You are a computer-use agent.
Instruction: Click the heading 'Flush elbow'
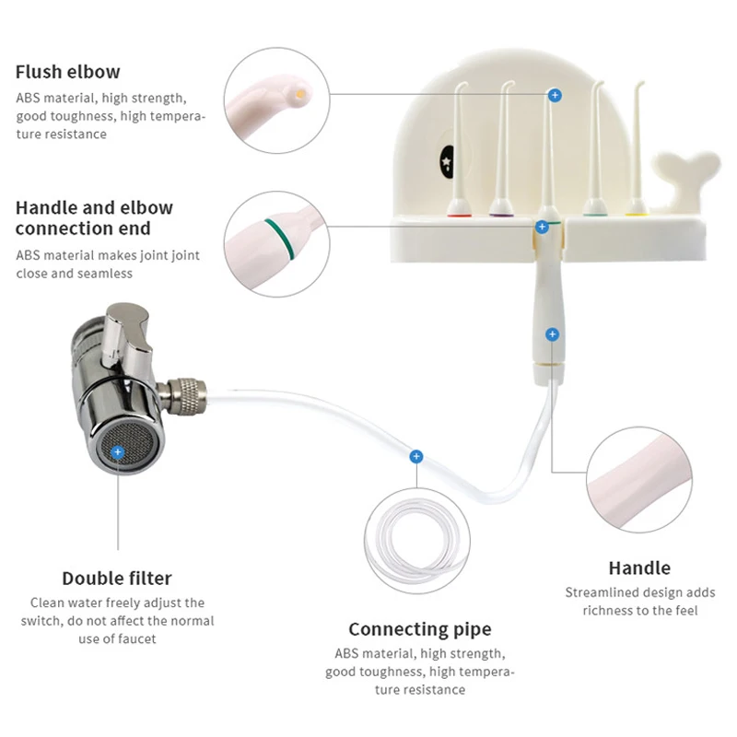[x=67, y=72]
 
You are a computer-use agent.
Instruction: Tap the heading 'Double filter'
[x=117, y=579]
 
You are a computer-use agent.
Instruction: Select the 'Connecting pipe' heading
[x=419, y=630]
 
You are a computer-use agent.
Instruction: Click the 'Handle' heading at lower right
[x=639, y=567]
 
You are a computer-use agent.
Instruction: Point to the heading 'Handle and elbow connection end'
[x=94, y=218]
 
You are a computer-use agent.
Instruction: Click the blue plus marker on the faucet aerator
[x=118, y=450]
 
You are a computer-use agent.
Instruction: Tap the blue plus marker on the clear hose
[x=416, y=455]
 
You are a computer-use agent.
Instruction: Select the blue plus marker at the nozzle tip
[x=554, y=94]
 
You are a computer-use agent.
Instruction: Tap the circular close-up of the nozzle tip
[x=275, y=96]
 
